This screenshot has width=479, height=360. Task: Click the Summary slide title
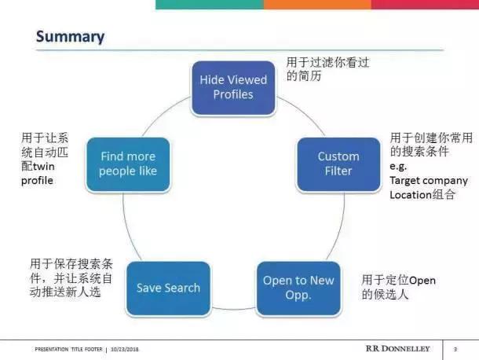[70, 36]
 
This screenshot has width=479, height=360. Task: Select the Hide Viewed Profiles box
[233, 87]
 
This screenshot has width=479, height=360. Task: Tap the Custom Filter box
[338, 163]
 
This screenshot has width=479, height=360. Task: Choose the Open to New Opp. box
[298, 288]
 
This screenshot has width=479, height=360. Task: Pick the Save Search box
[168, 288]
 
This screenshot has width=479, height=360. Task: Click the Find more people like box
[128, 163]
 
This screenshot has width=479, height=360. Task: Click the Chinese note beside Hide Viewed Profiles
[315, 68]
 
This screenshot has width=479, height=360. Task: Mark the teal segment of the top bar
[209, 4]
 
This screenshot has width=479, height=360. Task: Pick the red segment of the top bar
[424, 4]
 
